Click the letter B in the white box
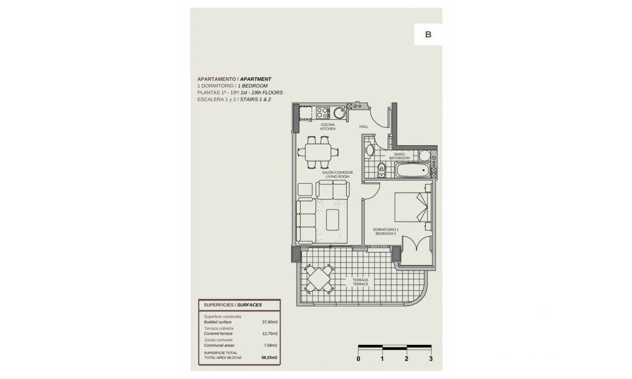click(428, 35)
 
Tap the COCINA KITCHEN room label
click(327, 127)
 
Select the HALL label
click(363, 127)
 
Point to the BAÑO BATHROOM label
click(399, 156)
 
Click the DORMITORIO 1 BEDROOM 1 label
click(386, 231)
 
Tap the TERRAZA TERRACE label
click(360, 282)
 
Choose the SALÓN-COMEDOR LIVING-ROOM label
click(337, 174)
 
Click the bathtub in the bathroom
click(412, 170)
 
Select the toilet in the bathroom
click(382, 170)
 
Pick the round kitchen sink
click(339, 113)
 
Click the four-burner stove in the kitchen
click(323, 113)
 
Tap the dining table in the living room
click(318, 152)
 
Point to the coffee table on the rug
click(332, 220)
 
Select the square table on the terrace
click(319, 279)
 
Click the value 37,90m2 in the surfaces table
click(270, 322)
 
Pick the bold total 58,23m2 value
click(270, 358)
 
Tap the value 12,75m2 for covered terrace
click(270, 334)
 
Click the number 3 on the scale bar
click(431, 359)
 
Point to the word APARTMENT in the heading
click(256, 79)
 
